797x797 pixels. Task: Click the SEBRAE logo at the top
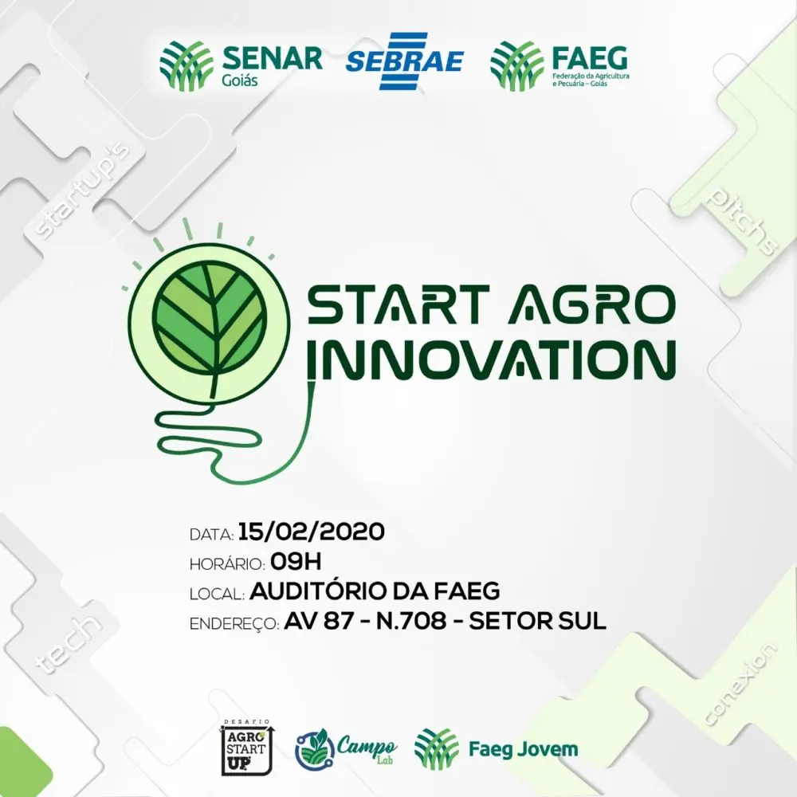(x=404, y=61)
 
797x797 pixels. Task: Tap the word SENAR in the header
(x=273, y=58)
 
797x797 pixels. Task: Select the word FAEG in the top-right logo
(x=590, y=58)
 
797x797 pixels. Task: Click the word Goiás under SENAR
(x=240, y=80)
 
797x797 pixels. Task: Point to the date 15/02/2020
(x=311, y=532)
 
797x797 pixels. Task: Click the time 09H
(x=296, y=562)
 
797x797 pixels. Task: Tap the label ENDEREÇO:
(x=234, y=624)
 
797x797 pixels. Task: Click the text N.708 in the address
(x=411, y=621)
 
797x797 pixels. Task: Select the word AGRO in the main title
(x=591, y=305)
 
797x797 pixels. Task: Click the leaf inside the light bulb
(x=210, y=320)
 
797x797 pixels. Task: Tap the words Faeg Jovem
(x=523, y=749)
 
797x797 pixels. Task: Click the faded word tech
(x=67, y=644)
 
